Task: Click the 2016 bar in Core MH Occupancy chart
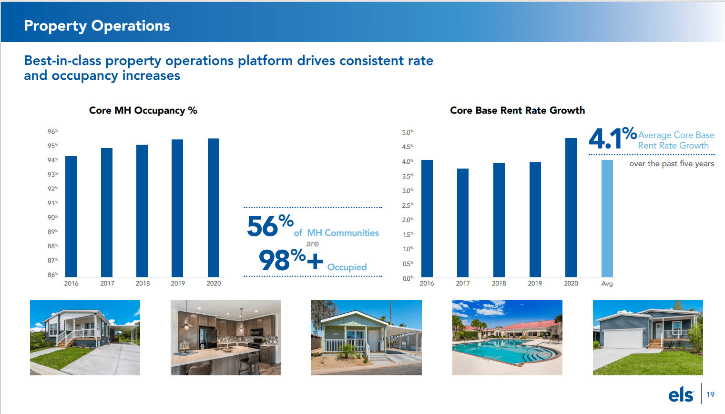pos(71,216)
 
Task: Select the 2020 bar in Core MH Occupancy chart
pos(214,208)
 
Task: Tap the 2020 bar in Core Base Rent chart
pos(571,208)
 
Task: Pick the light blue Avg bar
pos(607,218)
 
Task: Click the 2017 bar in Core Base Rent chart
pos(463,223)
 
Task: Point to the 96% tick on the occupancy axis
pos(52,131)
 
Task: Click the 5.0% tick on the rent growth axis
pos(408,132)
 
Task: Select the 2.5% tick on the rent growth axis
pos(408,205)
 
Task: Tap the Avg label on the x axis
pos(607,284)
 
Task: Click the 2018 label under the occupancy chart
pos(143,283)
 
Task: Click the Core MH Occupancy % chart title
pos(143,110)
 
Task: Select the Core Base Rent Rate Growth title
pos(517,110)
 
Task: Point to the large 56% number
pos(270,225)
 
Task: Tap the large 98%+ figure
pos(291,260)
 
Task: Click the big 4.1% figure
pos(613,138)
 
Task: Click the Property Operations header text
pos(97,26)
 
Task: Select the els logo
pos(681,395)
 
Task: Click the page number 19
pos(710,395)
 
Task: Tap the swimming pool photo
pos(507,338)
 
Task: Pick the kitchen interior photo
pos(226,338)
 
